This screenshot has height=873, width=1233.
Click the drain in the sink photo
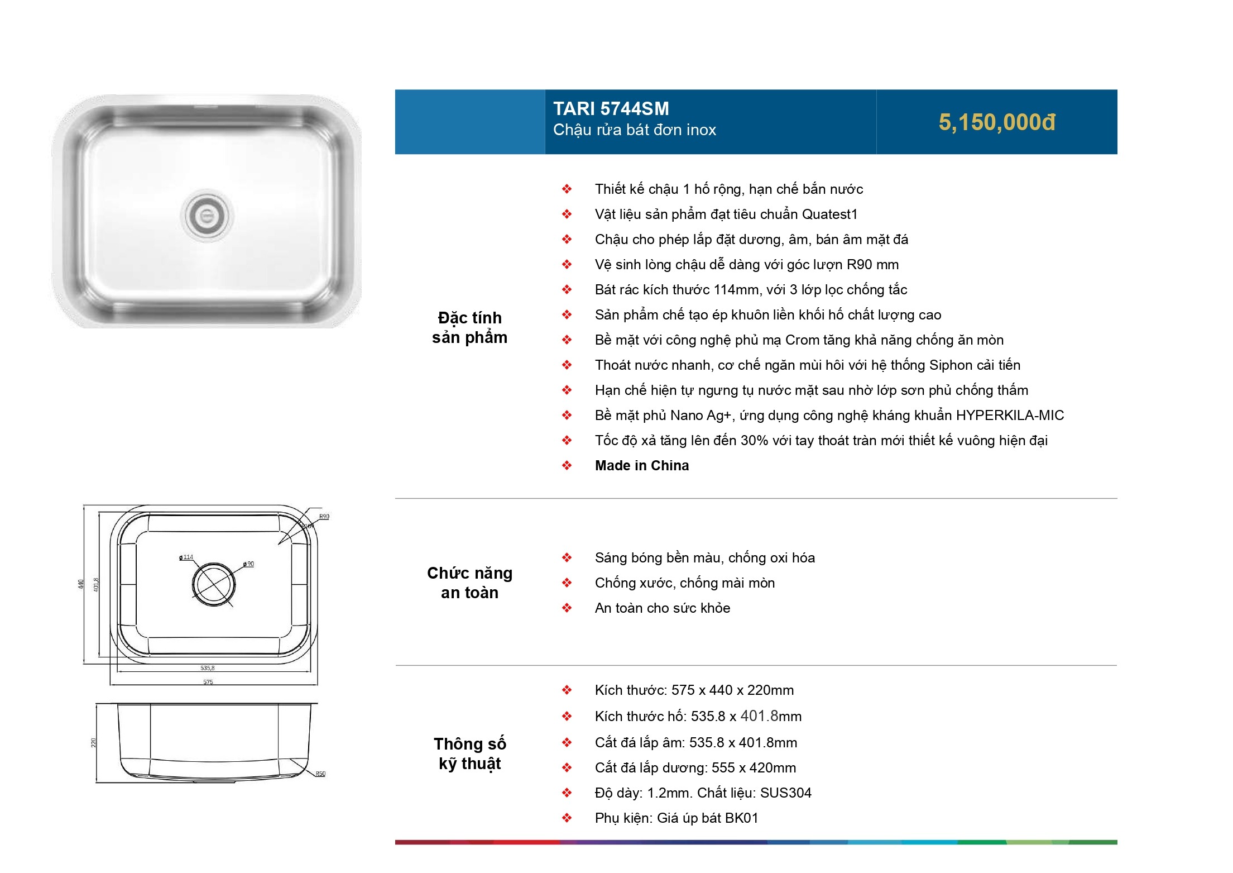(x=207, y=216)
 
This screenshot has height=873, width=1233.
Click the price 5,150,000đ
(x=997, y=122)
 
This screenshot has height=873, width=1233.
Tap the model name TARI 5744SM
(x=611, y=108)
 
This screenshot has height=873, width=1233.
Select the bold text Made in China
(x=642, y=465)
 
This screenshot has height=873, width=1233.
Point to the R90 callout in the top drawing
(x=324, y=517)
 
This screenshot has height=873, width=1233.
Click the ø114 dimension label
(x=186, y=557)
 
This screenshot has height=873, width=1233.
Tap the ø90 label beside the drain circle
(x=248, y=564)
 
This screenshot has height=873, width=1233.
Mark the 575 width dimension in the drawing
(x=208, y=682)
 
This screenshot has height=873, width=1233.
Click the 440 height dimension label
(x=81, y=584)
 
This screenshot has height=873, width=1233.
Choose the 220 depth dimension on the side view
(x=94, y=743)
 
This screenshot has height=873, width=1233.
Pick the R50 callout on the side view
(x=320, y=774)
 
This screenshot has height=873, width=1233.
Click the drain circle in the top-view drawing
(x=213, y=584)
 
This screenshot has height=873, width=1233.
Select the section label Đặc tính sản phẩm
(x=469, y=327)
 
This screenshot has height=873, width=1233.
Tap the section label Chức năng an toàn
(x=469, y=583)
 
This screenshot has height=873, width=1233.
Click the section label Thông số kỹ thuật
(x=470, y=753)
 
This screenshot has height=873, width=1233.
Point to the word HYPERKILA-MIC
(x=1010, y=415)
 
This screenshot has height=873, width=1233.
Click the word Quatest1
(x=829, y=214)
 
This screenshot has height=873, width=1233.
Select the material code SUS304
(x=786, y=793)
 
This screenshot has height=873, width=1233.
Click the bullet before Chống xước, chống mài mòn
(x=567, y=583)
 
